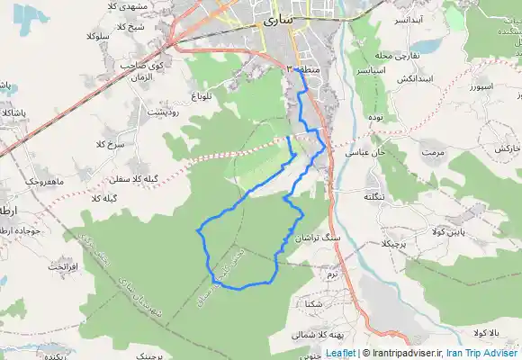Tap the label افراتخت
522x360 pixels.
point(64,268)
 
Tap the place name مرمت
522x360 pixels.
point(436,153)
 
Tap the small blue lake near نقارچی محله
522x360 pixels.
point(428,45)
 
